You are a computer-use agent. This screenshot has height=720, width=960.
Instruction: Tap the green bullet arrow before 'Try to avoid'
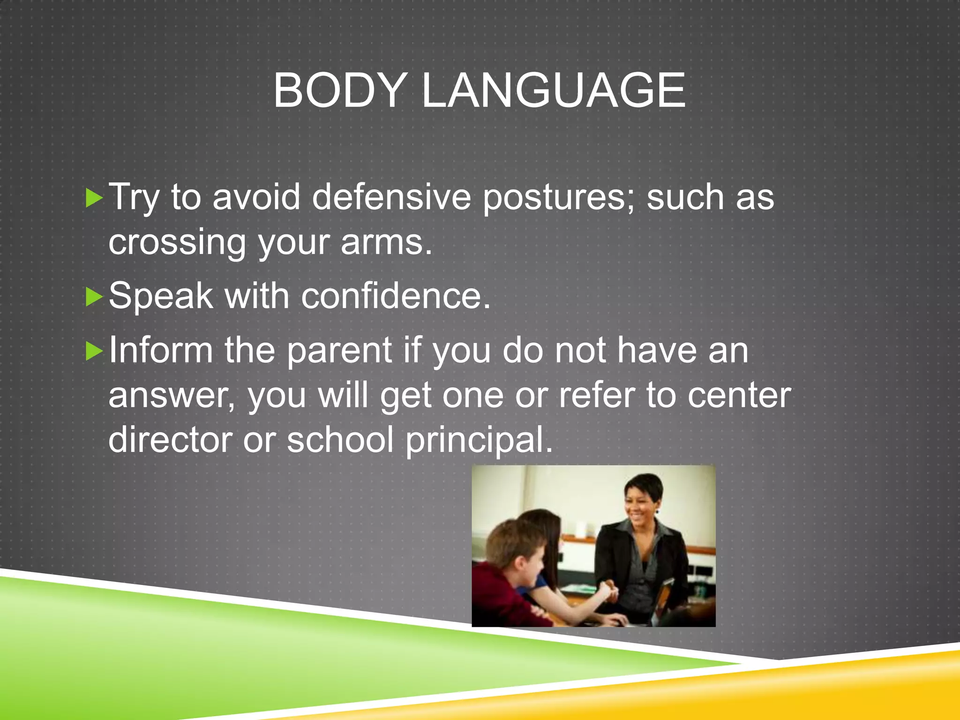[94, 198]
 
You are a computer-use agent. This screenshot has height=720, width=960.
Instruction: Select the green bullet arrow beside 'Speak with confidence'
[94, 297]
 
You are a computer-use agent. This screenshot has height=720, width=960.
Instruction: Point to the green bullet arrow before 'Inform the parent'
[94, 351]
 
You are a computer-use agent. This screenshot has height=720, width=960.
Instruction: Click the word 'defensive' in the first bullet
[391, 197]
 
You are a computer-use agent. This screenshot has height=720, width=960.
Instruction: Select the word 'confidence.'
[396, 296]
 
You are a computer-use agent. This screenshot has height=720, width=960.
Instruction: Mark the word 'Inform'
[161, 350]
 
